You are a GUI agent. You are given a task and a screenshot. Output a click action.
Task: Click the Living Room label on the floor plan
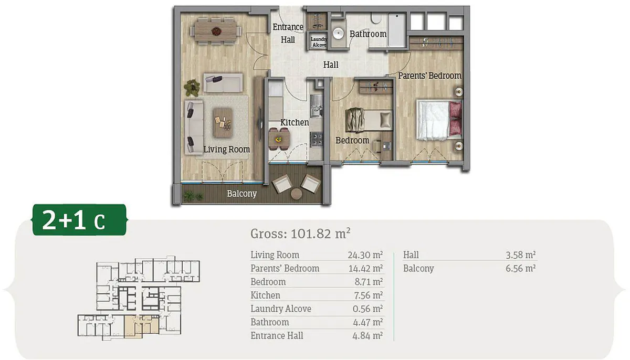(x=226, y=149)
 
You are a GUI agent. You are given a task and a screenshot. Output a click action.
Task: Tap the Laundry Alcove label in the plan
(x=319, y=42)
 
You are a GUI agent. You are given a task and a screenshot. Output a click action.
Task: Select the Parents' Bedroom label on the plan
(x=430, y=76)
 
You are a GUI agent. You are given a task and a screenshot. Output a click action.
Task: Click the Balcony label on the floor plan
(x=242, y=194)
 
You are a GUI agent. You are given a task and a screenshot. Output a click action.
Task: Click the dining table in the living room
(x=216, y=30)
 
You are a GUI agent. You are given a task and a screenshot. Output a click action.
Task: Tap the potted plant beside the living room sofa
(x=192, y=88)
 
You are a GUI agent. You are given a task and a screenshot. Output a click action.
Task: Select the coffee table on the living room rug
(x=223, y=123)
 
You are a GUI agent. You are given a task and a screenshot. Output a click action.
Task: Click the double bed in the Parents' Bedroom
(x=439, y=120)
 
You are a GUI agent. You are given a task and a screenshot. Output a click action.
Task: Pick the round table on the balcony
(x=296, y=194)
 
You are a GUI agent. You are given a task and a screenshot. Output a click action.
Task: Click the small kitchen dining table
(x=279, y=139)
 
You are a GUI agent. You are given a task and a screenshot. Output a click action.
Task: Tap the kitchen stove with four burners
(x=317, y=139)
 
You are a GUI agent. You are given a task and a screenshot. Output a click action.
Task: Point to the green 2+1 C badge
(x=79, y=220)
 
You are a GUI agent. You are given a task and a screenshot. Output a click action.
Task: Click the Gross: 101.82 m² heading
(x=300, y=234)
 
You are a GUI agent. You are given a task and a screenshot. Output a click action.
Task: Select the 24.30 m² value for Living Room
(x=365, y=255)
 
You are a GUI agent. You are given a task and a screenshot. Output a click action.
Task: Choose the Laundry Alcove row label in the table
(x=281, y=309)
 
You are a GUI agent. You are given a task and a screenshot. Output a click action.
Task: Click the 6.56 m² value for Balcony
(x=520, y=268)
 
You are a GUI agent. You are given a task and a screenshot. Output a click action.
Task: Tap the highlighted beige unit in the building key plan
(x=141, y=326)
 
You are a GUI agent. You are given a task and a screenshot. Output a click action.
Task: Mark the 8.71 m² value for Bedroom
(x=369, y=282)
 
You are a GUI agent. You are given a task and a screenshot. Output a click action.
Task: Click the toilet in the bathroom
(x=375, y=18)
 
